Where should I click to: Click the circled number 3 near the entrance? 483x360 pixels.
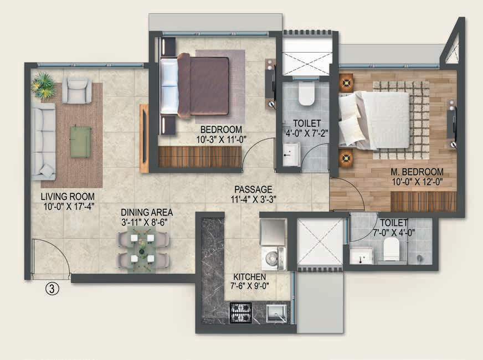52,289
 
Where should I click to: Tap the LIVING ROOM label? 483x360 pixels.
68,197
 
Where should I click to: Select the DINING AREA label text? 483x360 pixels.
147,213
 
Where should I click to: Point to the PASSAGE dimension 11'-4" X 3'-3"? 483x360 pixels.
253,199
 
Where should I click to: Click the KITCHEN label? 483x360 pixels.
249,277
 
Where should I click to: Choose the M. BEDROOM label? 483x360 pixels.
417,172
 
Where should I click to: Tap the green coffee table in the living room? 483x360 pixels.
81,142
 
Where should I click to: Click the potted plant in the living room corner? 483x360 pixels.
43,85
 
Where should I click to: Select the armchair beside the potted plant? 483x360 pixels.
76,90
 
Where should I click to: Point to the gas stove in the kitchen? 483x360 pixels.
241,313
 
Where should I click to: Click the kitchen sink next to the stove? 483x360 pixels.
276,313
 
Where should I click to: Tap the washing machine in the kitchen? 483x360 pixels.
273,258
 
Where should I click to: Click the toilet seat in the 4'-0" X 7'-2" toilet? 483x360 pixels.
306,92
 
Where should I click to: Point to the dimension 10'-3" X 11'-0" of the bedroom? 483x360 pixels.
222,140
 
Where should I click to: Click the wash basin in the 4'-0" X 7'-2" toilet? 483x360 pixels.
291,154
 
